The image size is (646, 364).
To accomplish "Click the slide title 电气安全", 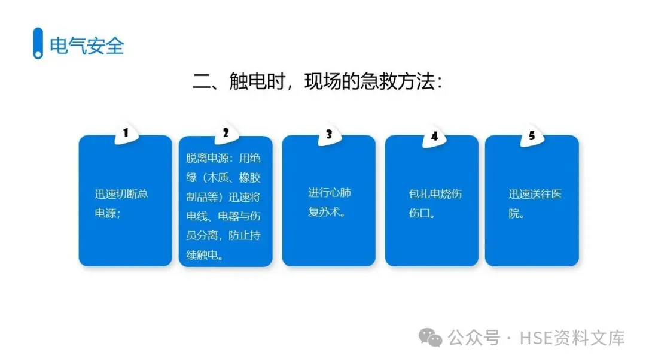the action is (87, 45).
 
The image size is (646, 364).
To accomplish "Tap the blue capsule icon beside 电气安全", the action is (38, 43).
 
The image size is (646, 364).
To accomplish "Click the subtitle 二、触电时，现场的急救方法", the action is (317, 81).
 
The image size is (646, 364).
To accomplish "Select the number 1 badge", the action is (126, 134).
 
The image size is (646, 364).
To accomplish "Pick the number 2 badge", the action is (226, 134).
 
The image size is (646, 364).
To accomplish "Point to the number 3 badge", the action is (328, 135).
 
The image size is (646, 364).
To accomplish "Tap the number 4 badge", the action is (434, 136).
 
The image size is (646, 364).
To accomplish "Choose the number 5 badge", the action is (531, 136).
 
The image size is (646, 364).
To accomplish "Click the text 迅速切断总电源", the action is (121, 203).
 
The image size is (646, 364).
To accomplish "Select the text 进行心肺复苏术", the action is (329, 202).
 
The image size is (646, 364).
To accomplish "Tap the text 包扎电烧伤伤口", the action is (435, 203).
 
